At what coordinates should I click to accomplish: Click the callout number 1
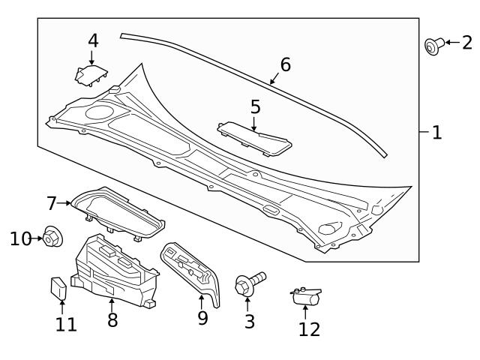(x=436, y=133)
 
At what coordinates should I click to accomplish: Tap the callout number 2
(x=466, y=43)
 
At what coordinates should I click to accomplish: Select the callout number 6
(x=285, y=65)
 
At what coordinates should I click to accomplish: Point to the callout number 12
(x=309, y=328)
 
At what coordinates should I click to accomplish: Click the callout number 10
(x=20, y=238)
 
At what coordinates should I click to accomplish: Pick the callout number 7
(x=52, y=203)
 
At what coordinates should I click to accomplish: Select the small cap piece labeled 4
(x=91, y=74)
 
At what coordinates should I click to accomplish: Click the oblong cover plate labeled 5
(x=256, y=138)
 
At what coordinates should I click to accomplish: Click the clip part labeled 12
(x=305, y=297)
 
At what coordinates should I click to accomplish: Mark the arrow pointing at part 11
(x=61, y=305)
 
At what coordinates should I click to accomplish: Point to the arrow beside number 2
(x=451, y=43)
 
